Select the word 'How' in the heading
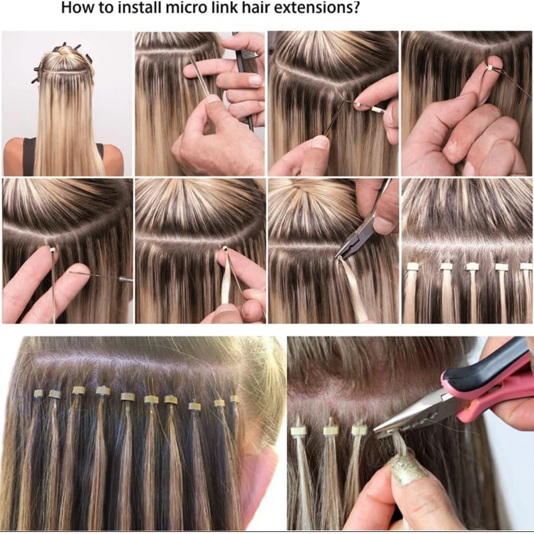[x=75, y=8]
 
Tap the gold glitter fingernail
[x=408, y=469]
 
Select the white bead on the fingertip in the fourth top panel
[x=489, y=68]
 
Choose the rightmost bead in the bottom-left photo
[x=233, y=398]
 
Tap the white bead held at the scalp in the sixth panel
[x=224, y=250]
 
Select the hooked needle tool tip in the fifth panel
[x=71, y=272]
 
